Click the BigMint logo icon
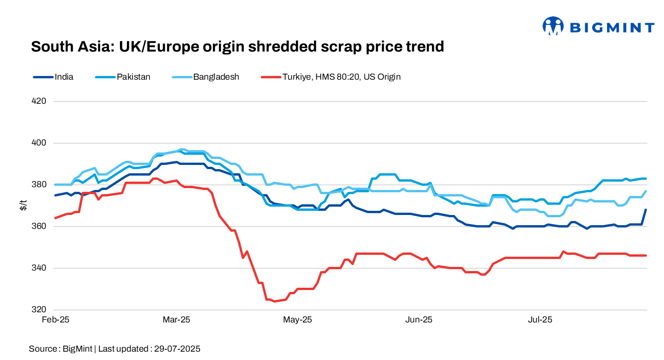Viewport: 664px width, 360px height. [553, 26]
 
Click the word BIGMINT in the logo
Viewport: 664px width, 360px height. [612, 28]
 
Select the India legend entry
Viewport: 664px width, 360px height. [63, 77]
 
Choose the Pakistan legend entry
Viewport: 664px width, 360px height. [133, 77]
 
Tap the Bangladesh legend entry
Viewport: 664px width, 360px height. [216, 77]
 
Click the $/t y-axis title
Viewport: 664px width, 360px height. [23, 205]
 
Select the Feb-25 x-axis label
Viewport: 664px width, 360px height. [55, 320]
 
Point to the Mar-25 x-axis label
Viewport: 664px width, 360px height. [176, 320]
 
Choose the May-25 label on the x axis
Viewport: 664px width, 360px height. [298, 320]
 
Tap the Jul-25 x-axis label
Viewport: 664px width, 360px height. [540, 320]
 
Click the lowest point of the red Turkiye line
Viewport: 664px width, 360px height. [274, 301]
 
